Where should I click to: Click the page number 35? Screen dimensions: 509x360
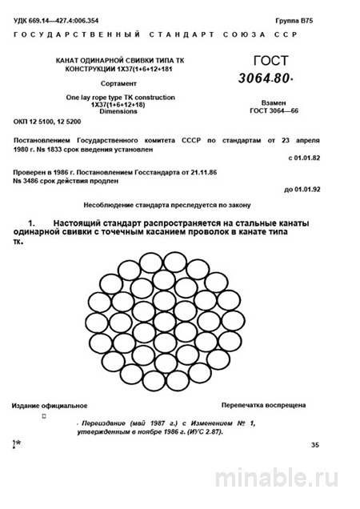[x=314, y=443]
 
